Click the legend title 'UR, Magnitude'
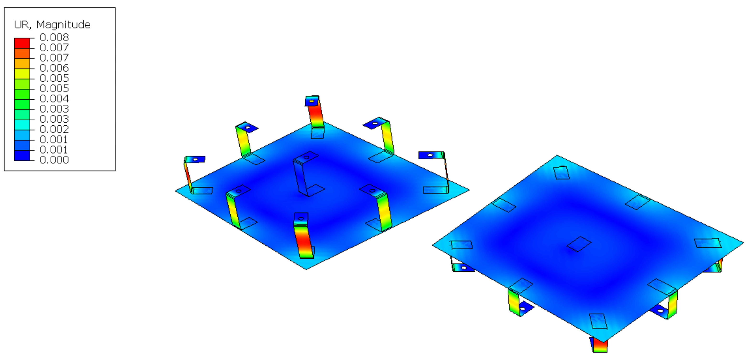click(52, 25)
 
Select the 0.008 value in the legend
click(54, 37)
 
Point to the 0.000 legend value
click(54, 160)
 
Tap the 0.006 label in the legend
click(54, 68)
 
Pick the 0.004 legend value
click(54, 99)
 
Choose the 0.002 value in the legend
click(54, 129)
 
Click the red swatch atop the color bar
click(22, 43)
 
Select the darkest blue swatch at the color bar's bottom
click(22, 156)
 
